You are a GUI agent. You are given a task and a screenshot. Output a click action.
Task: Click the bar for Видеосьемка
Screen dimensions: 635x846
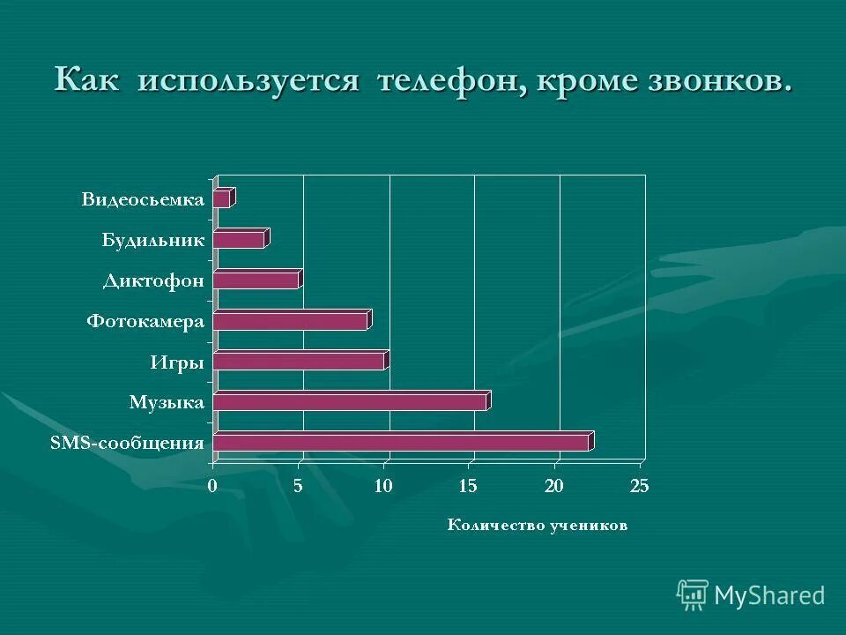point(223,198)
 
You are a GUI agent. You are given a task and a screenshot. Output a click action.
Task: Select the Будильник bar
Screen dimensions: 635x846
point(240,239)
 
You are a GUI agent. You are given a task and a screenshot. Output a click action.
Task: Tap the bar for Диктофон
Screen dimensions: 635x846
point(257,280)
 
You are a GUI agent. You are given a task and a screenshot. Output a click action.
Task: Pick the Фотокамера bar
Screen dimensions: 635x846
point(291,320)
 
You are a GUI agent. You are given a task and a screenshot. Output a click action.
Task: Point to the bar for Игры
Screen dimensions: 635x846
point(300,361)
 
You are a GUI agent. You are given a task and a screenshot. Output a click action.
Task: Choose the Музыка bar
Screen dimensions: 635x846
point(351,401)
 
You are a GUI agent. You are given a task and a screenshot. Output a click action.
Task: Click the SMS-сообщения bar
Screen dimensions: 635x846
point(402,442)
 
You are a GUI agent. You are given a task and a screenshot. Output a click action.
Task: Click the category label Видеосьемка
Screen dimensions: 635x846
point(143,199)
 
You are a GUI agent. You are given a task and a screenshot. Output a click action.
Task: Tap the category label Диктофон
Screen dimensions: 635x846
point(153,281)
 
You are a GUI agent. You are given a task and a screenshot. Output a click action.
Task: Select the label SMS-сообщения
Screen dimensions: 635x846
point(128,443)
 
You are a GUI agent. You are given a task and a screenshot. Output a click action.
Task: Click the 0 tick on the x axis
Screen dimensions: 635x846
point(212,485)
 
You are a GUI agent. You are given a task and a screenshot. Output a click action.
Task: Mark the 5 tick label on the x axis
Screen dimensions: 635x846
point(298,485)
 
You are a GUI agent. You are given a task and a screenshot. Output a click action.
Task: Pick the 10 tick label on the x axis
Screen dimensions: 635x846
point(382,485)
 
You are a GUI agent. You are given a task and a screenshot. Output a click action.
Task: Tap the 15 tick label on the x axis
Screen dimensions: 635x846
point(468,485)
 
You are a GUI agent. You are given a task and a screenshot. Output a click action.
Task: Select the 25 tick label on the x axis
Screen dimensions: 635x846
point(639,485)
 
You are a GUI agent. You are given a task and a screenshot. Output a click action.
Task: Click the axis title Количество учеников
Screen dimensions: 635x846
point(538,526)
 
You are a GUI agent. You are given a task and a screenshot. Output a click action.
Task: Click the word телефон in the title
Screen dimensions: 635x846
point(449,81)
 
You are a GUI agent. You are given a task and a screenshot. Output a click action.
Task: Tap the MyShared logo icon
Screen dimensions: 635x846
point(693,594)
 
